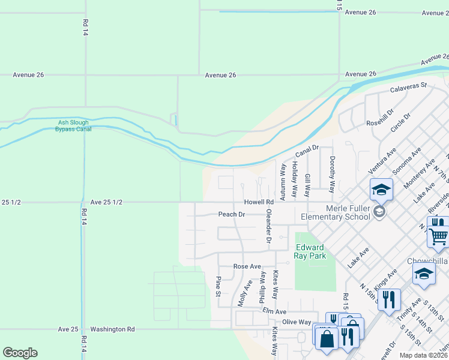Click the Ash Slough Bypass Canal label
click(x=73, y=126)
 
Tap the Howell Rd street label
click(x=259, y=202)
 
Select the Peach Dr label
click(x=232, y=214)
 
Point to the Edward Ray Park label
click(x=310, y=251)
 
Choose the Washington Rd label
click(x=112, y=329)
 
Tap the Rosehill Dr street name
click(x=380, y=118)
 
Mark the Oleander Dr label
click(x=269, y=226)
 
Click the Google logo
click(x=20, y=353)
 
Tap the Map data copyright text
click(x=423, y=355)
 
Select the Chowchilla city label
click(x=427, y=262)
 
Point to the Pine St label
click(x=218, y=286)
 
